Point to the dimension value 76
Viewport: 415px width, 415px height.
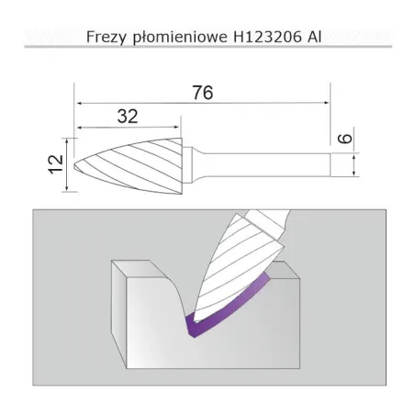pyautogui.click(x=204, y=91)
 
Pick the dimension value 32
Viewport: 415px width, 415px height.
pyautogui.click(x=129, y=116)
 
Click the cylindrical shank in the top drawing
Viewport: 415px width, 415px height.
pyautogui.click(x=275, y=165)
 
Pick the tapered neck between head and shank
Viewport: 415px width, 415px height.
pyautogui.click(x=191, y=165)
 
